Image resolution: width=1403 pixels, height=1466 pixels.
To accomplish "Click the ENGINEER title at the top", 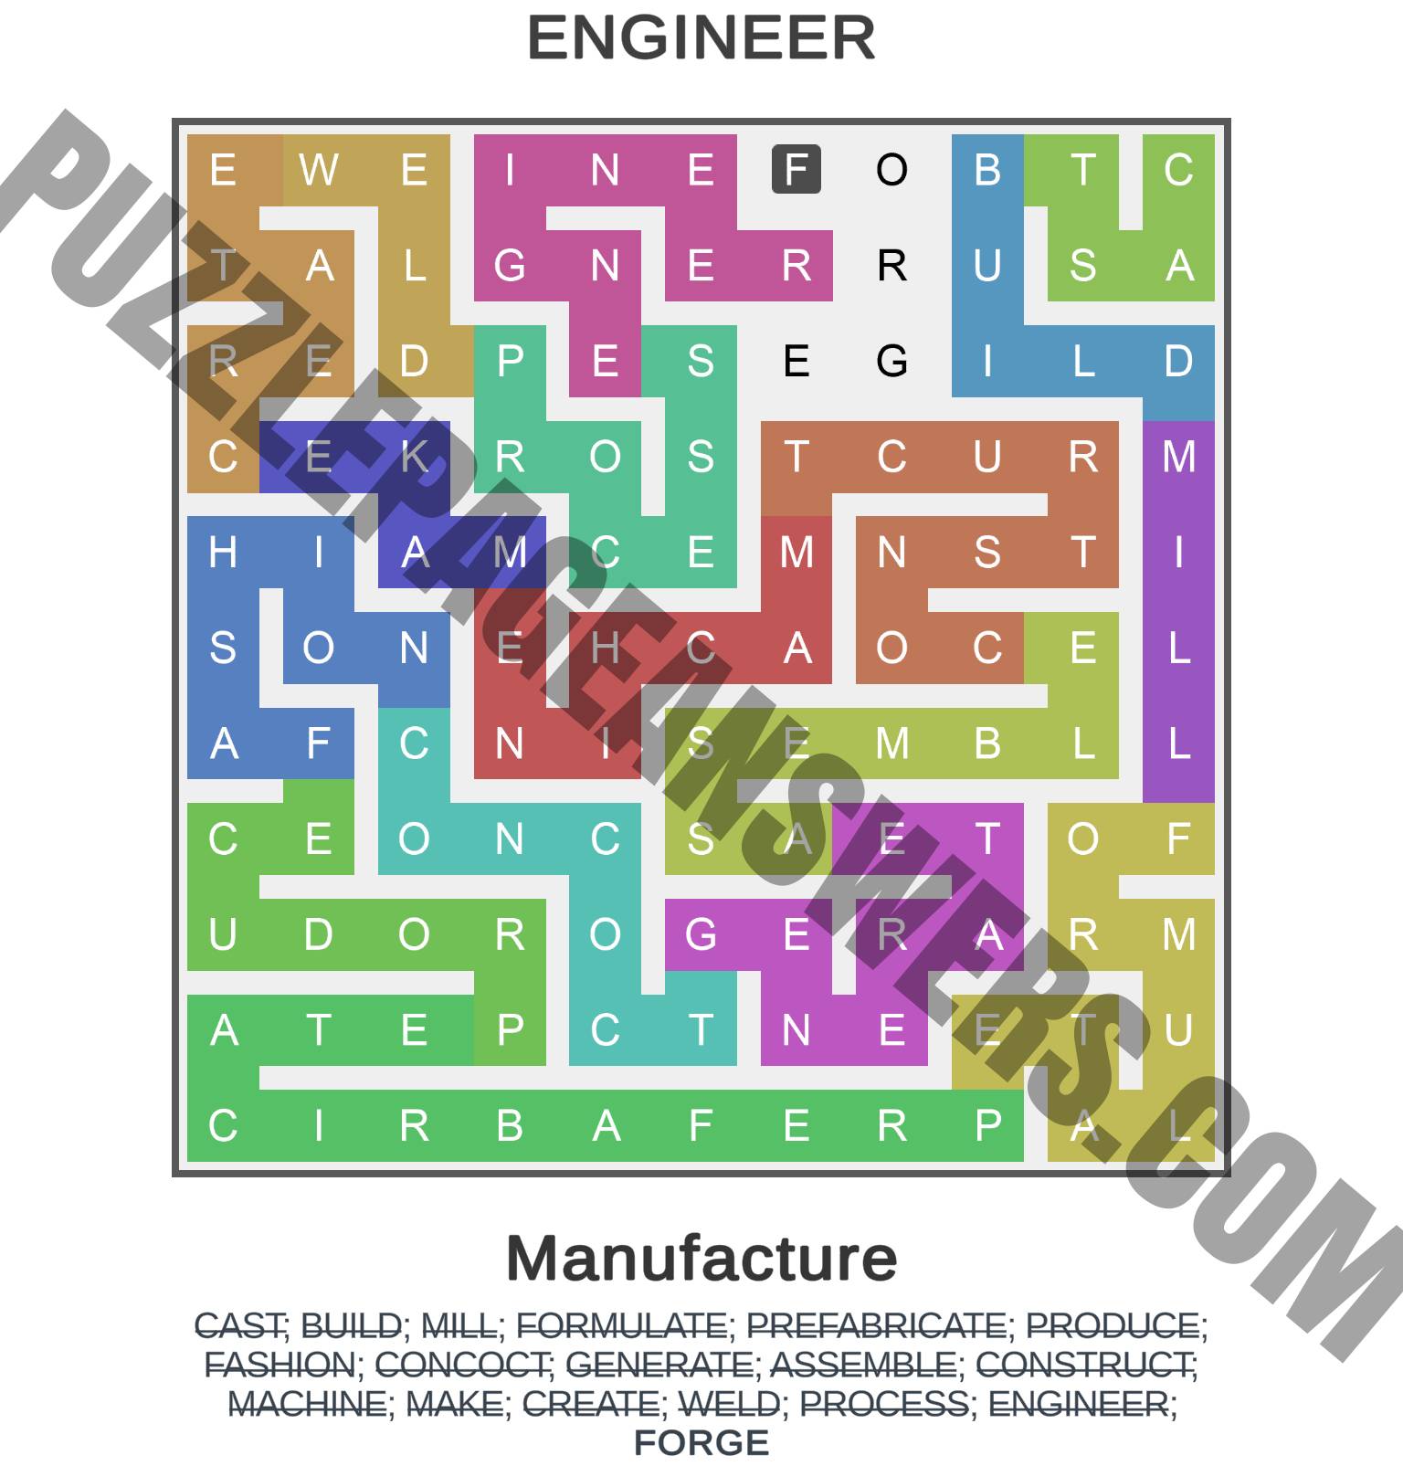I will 701,38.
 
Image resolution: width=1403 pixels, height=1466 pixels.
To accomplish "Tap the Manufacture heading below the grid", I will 701,1258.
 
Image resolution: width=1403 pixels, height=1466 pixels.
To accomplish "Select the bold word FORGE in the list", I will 701,1443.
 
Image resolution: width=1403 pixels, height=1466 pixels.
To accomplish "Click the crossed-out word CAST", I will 240,1325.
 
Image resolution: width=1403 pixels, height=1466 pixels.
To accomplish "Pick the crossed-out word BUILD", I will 351,1325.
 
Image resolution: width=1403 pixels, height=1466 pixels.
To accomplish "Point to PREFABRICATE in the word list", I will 876,1325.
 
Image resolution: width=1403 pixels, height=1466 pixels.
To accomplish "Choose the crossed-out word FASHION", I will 279,1365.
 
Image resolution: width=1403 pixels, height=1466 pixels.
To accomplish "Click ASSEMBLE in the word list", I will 863,1365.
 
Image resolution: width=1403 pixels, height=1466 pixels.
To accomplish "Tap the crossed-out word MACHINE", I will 307,1404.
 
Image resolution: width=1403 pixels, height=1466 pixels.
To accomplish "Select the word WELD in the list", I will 729,1404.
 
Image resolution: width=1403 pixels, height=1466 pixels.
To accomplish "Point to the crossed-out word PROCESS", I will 883,1404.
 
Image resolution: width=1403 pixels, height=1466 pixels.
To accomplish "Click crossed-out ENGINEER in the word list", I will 1078,1404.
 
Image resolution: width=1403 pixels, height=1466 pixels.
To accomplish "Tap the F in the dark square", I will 796,170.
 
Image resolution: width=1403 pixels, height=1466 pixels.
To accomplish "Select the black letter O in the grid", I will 891,170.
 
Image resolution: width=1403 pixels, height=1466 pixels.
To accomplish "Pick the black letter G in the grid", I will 891,361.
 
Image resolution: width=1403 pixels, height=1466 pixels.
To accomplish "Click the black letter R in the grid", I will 891,266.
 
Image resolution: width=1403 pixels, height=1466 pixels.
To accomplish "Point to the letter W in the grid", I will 319,170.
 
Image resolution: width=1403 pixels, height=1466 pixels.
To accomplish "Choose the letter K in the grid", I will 414,457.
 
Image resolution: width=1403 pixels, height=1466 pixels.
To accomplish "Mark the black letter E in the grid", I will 796,361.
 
